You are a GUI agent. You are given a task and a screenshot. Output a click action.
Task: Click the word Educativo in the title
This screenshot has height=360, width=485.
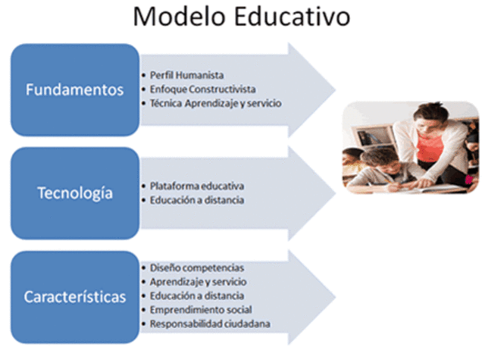293,17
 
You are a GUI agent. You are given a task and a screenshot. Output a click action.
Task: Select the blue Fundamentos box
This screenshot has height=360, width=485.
75,89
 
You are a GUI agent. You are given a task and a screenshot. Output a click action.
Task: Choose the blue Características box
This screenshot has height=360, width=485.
75,296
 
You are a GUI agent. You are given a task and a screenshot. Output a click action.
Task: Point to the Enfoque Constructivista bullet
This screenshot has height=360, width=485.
199,89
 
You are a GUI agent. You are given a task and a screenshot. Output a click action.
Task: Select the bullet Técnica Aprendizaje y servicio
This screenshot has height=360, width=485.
215,103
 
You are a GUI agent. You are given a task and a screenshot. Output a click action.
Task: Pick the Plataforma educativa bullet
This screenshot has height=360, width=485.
196,186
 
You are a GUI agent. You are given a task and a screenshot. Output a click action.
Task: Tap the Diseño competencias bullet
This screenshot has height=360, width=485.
196,268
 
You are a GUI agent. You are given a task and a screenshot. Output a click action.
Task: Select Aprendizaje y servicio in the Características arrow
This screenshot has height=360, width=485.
196,282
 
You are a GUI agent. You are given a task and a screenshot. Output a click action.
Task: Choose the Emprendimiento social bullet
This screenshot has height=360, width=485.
201,309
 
